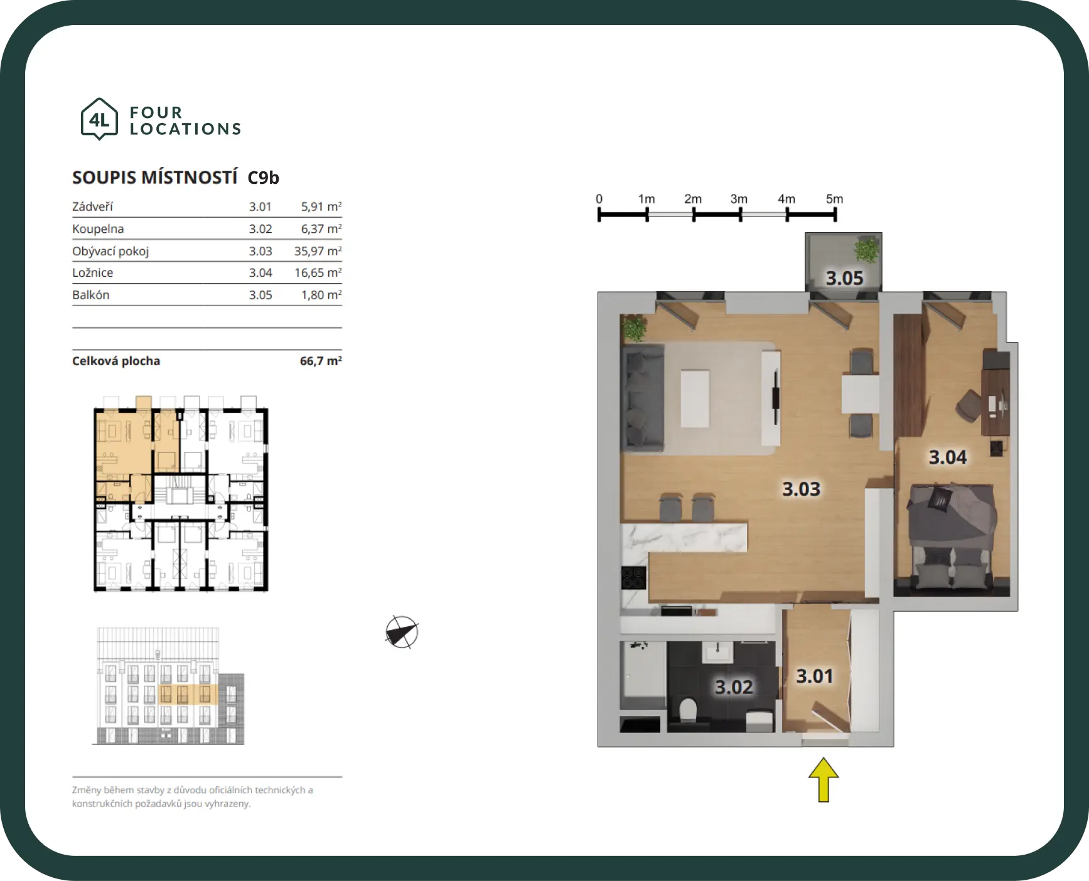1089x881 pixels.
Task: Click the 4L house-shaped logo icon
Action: [99, 119]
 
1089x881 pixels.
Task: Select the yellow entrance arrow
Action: [823, 779]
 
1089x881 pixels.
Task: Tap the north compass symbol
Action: [402, 632]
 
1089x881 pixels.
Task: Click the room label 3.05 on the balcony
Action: [844, 278]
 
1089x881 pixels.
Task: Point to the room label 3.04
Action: [948, 457]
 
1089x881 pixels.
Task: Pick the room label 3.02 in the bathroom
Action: [734, 687]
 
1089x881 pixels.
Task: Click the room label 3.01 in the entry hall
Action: [815, 676]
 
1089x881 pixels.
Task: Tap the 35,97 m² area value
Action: [318, 251]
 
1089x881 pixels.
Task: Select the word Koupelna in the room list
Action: [98, 229]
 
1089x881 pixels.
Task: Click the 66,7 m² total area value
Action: [321, 361]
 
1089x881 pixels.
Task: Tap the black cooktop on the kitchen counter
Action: [633, 578]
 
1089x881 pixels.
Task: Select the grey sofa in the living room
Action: [642, 397]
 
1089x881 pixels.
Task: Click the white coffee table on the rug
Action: [695, 398]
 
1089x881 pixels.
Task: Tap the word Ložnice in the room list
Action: [93, 273]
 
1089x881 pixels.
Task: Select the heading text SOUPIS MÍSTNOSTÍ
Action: [155, 178]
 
